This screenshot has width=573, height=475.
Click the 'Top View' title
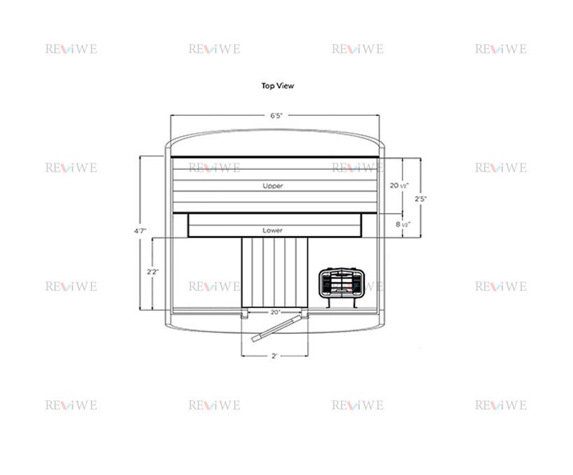click(277, 86)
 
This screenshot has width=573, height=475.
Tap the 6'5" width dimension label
click(276, 116)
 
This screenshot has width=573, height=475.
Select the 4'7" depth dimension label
click(140, 231)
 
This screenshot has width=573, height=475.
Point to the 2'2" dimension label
click(153, 272)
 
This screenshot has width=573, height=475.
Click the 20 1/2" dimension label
click(399, 186)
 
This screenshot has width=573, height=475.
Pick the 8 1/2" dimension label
click(402, 224)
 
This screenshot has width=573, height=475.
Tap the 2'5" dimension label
click(421, 199)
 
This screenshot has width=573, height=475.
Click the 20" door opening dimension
click(275, 312)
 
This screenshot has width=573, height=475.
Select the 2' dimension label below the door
click(275, 356)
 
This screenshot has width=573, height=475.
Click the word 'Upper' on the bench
click(273, 186)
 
